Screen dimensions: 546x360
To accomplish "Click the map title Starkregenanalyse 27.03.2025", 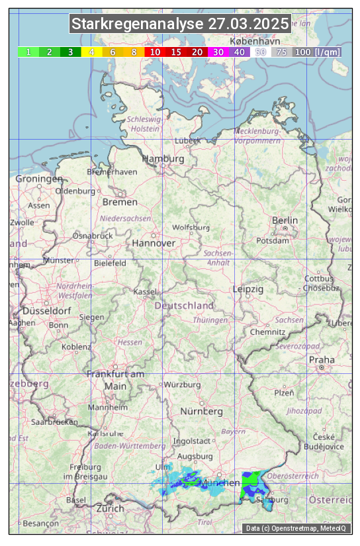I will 180,24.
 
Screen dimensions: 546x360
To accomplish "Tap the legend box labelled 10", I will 155,52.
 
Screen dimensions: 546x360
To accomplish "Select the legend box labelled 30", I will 218,52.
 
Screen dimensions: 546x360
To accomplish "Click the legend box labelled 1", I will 28,52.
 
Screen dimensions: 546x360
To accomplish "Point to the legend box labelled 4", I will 92,52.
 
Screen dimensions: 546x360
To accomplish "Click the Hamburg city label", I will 163,159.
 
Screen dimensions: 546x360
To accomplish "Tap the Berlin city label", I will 285,220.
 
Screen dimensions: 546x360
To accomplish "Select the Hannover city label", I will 154,243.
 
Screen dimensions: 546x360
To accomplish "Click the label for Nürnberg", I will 202,412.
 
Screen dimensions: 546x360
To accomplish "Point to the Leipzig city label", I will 248,289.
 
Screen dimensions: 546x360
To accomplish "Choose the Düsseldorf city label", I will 47,311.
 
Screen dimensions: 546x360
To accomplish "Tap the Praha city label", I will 322,360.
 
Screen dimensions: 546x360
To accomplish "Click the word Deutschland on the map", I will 184,306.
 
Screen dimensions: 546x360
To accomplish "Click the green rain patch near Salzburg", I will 251,484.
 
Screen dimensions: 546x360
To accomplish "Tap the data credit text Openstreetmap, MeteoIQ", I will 296,528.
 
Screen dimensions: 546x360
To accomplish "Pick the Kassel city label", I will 145,292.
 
